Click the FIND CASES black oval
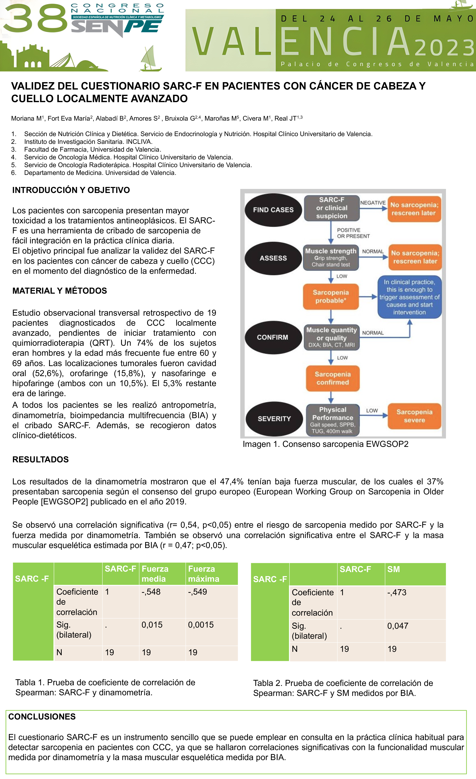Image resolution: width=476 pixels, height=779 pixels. [273, 210]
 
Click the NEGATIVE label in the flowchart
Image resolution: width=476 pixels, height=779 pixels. [373, 203]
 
